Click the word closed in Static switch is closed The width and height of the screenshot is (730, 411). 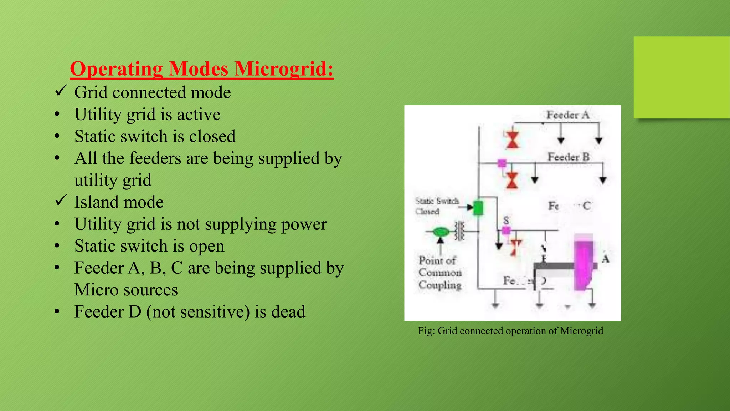pos(212,137)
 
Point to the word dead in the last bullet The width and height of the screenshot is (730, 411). pos(288,312)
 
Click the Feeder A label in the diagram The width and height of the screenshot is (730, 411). pos(568,115)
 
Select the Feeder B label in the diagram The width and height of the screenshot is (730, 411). pos(569,157)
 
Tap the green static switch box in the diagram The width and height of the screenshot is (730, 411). pos(478,208)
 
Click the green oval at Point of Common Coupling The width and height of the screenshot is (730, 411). pos(441,232)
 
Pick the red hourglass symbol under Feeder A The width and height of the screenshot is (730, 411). pos(513,139)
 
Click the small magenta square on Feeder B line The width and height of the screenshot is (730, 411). pos(502,163)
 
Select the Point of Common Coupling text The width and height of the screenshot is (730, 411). pos(440,273)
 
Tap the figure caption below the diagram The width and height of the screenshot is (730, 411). pos(510,331)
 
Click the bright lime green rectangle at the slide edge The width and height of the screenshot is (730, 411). pos(681,77)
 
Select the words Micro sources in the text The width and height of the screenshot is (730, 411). pos(126,290)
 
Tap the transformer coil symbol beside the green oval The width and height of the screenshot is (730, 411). pos(459,231)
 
